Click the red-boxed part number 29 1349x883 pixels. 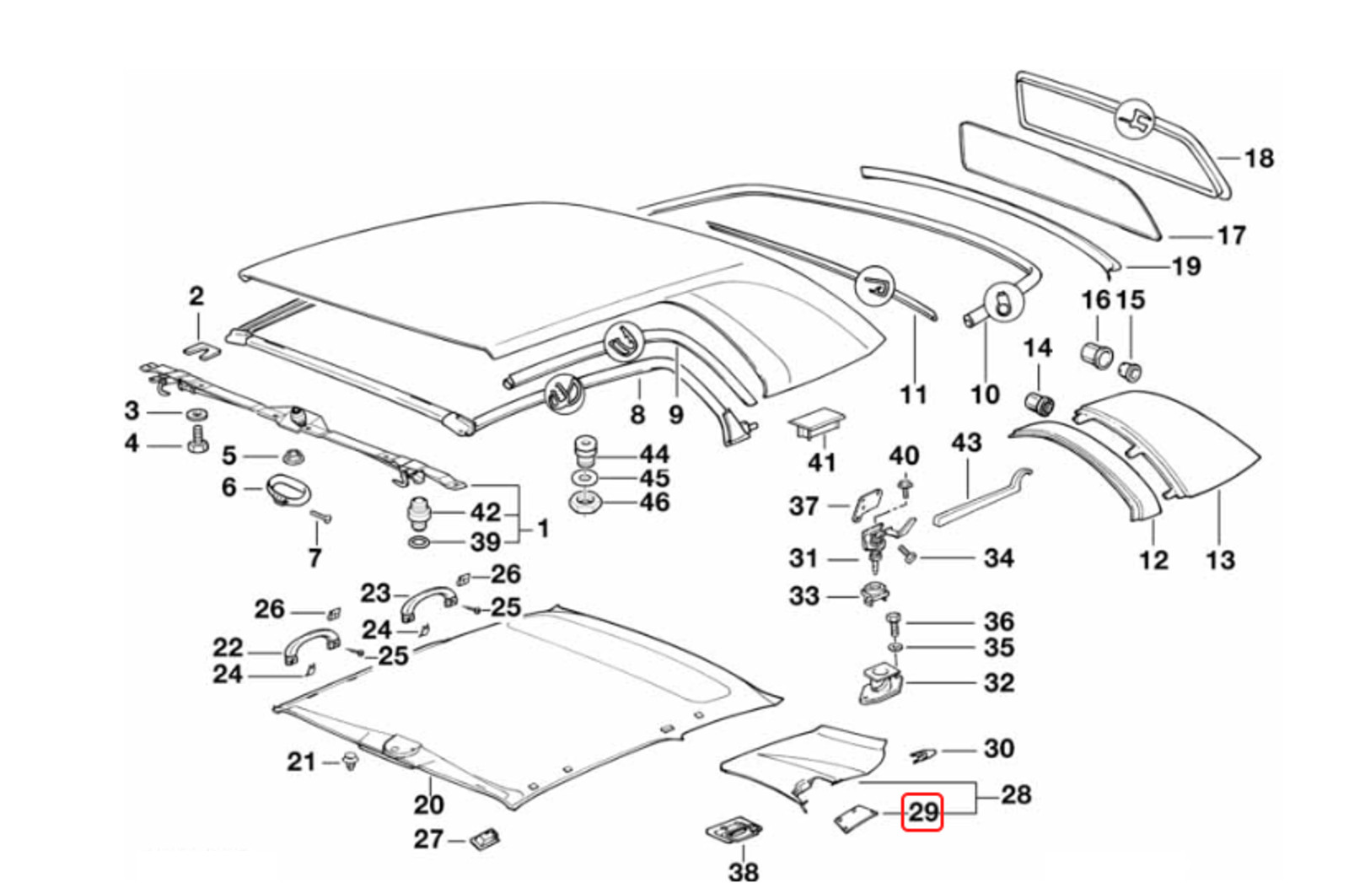(x=922, y=812)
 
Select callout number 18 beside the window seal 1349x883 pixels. (x=1258, y=158)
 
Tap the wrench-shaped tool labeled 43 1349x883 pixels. (x=978, y=498)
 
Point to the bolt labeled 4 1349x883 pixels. (x=198, y=439)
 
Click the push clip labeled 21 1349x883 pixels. (x=352, y=762)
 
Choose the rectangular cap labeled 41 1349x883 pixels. (x=815, y=423)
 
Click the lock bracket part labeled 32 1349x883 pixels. (x=880, y=684)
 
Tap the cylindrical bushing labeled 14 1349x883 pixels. (x=1040, y=402)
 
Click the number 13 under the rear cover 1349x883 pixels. (x=1219, y=559)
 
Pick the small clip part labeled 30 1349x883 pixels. (x=924, y=753)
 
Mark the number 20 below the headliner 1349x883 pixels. (x=427, y=804)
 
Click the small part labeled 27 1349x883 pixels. (x=485, y=839)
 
